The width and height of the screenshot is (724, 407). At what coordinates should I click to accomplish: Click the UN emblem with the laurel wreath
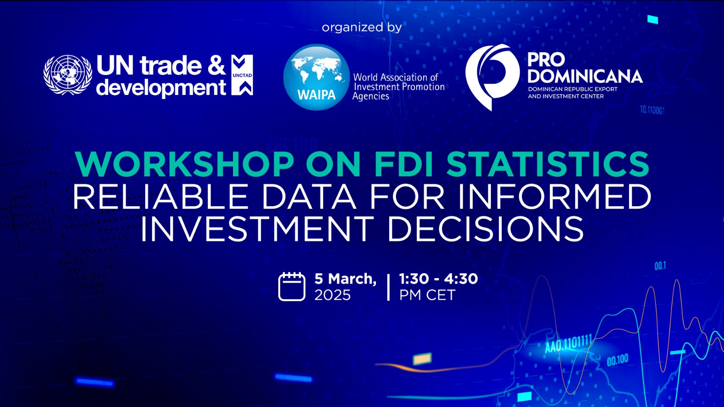pyautogui.click(x=67, y=75)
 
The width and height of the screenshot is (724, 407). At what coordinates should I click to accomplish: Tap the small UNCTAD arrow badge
pyautogui.click(x=242, y=75)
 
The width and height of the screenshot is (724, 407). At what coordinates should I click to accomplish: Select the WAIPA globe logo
pyautogui.click(x=316, y=77)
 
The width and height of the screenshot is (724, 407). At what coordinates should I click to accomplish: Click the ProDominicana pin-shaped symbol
pyautogui.click(x=493, y=77)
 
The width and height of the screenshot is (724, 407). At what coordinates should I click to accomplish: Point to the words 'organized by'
pyautogui.click(x=362, y=28)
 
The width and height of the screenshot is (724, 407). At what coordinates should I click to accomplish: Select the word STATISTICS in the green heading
pyautogui.click(x=548, y=164)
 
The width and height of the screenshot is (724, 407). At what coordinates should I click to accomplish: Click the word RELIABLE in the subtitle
pyautogui.click(x=161, y=197)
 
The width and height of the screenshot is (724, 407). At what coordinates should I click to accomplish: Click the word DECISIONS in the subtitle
pyautogui.click(x=486, y=229)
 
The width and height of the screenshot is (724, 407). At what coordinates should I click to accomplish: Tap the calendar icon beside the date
pyautogui.click(x=292, y=287)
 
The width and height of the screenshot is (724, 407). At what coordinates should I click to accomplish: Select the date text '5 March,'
pyautogui.click(x=346, y=279)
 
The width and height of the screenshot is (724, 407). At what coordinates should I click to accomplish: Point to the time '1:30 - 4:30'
pyautogui.click(x=438, y=279)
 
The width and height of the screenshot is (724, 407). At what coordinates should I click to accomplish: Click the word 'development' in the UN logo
pyautogui.click(x=161, y=88)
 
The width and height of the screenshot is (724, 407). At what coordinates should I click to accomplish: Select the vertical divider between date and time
pyautogui.click(x=388, y=287)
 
